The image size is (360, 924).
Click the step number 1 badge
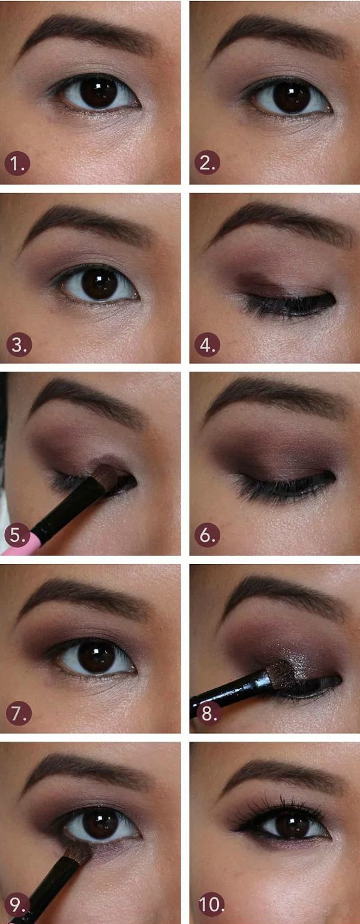point(17,164)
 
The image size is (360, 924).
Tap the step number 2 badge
point(207,163)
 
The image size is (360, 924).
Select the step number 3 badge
point(19,344)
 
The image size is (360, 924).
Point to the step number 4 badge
point(207,344)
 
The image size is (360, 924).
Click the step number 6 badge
point(207,535)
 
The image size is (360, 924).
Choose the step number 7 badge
point(19,713)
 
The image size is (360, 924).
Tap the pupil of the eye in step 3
point(100,283)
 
